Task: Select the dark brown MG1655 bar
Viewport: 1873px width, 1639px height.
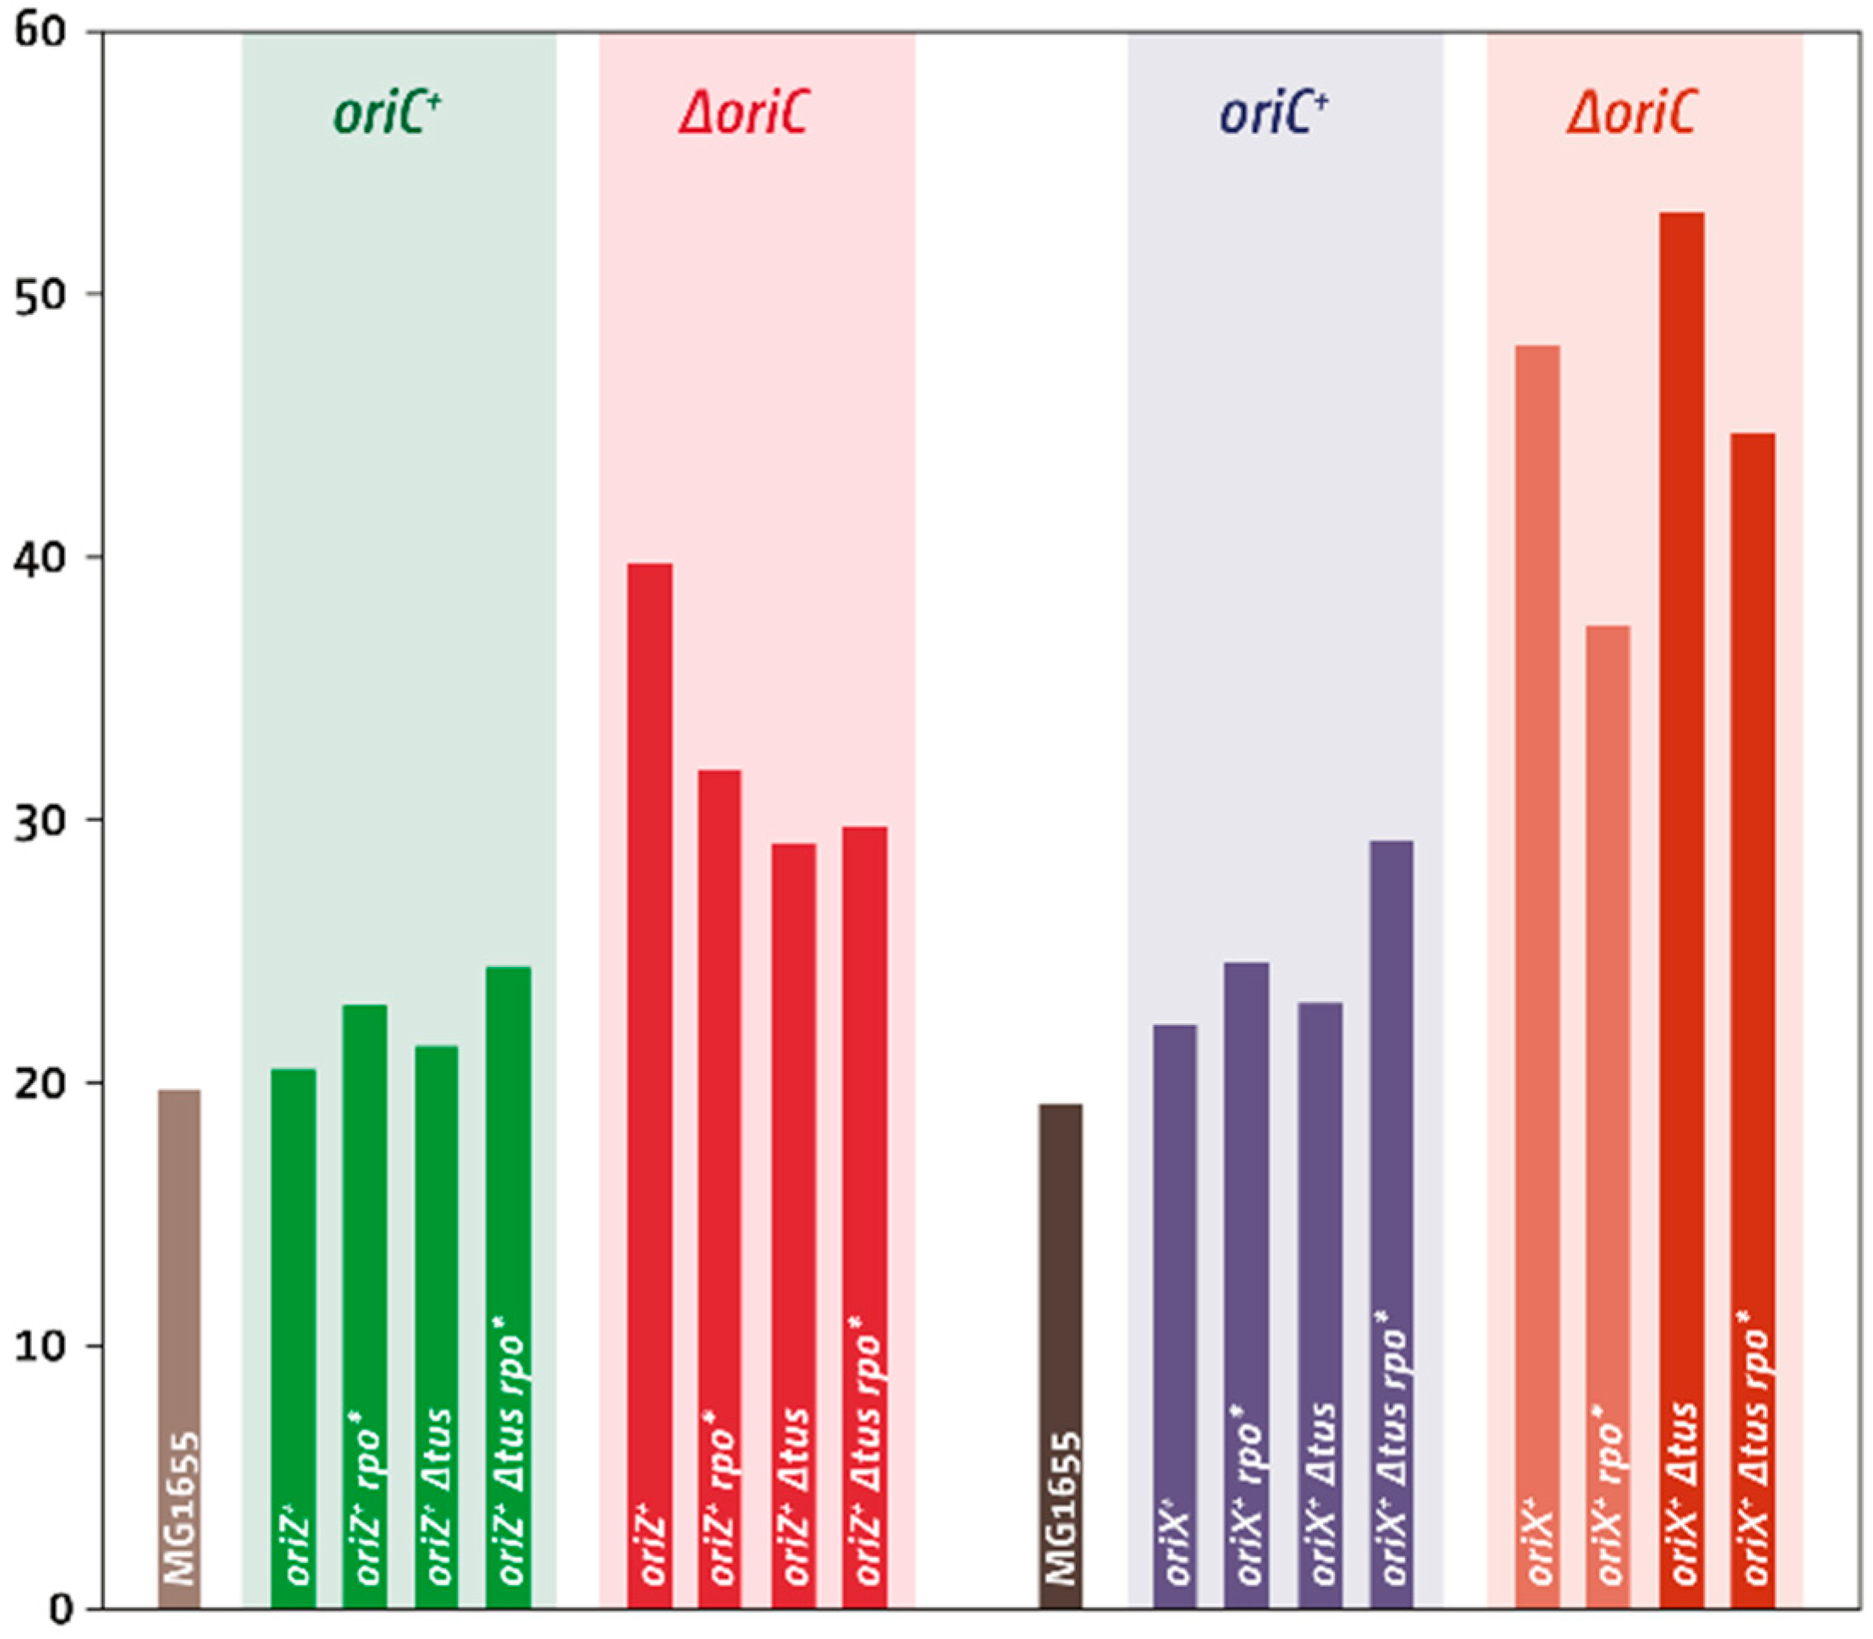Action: click(1061, 1353)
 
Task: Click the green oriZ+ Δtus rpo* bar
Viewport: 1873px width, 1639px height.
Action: click(507, 1281)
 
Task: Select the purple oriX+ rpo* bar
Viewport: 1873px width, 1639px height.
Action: click(1246, 1281)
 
